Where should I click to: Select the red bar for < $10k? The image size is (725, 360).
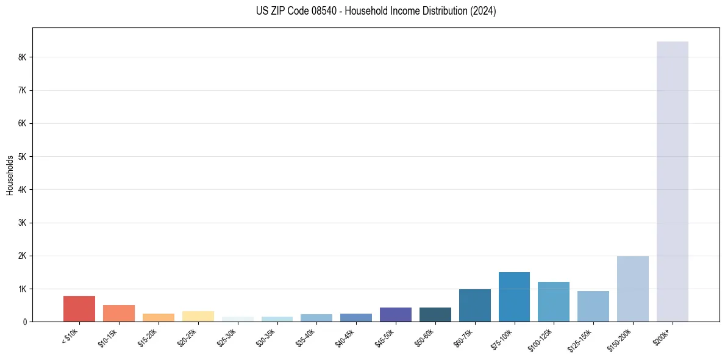pos(79,309)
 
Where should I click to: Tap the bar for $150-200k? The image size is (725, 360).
pos(632,289)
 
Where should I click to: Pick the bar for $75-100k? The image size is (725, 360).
pos(514,297)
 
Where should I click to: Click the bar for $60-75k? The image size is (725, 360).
pos(474,305)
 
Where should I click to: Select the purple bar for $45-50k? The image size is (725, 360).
pos(395,314)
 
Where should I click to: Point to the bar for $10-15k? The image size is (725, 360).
pos(119,313)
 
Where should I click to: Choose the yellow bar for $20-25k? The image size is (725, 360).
pos(198,316)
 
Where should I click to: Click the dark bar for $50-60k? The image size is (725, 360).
pos(435,314)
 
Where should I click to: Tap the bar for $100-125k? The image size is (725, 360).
pos(553,301)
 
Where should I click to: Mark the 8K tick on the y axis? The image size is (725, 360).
pos(23,57)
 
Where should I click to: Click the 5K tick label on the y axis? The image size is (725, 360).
pos(23,157)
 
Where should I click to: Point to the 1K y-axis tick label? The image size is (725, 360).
pos(23,289)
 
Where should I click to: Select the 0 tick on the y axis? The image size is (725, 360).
pos(25,322)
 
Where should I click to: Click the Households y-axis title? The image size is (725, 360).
pos(10,175)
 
